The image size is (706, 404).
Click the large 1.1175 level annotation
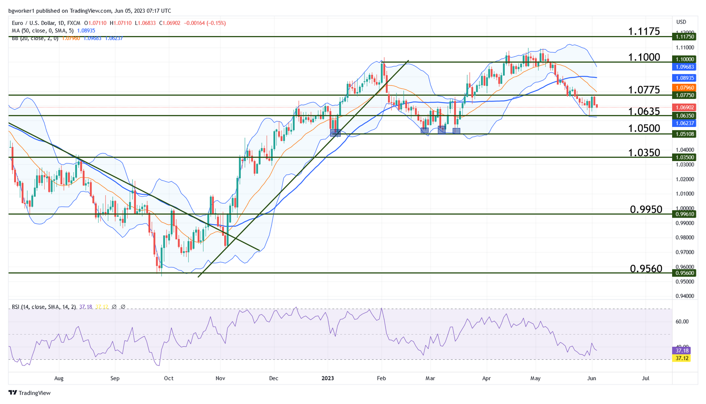pos(644,31)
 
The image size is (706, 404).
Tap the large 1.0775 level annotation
pos(644,90)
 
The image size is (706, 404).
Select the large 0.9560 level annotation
pos(646,269)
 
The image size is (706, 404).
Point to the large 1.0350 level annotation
pos(644,153)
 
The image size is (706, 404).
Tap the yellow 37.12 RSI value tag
pos(682,358)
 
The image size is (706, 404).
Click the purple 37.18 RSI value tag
pos(682,350)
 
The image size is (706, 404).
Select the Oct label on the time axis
pos(169,378)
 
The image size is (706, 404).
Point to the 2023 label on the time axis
pos(328,378)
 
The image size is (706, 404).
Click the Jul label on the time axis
pos(646,378)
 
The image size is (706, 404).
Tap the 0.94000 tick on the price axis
pos(685,296)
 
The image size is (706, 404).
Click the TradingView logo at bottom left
pos(29,393)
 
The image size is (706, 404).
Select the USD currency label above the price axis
pos(681,22)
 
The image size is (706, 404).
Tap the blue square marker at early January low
pos(336,133)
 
